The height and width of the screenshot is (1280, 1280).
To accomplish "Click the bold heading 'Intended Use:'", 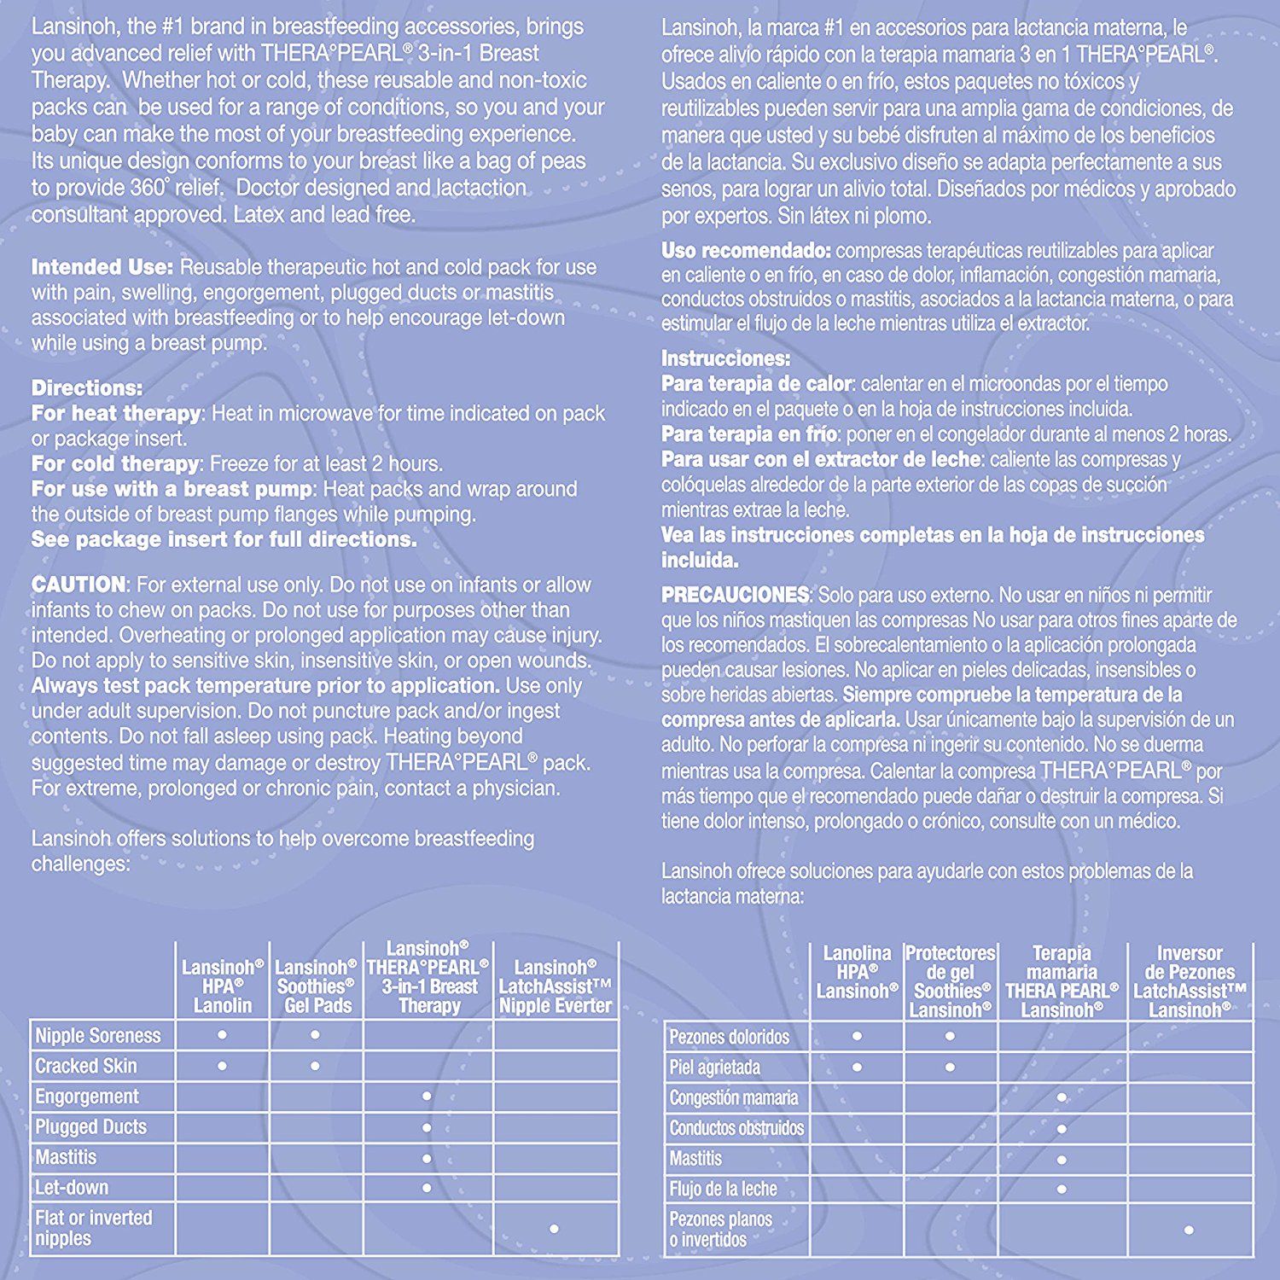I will pyautogui.click(x=102, y=267).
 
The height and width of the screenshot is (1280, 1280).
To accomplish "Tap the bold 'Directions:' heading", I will pyautogui.click(x=87, y=387).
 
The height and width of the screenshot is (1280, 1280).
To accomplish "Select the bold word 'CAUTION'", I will pyautogui.click(x=79, y=585).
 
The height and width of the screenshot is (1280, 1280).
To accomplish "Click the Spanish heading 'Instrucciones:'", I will pyautogui.click(x=725, y=358).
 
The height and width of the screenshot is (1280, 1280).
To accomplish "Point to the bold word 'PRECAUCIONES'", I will pyautogui.click(x=735, y=595).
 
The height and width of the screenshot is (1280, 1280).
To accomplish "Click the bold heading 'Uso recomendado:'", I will pyautogui.click(x=746, y=251).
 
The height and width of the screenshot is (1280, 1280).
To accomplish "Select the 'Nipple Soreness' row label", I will pyautogui.click(x=98, y=1036).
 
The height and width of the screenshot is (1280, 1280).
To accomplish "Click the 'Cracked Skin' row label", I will pyautogui.click(x=86, y=1066).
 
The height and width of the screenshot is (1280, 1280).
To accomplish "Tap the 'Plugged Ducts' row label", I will pyautogui.click(x=91, y=1126).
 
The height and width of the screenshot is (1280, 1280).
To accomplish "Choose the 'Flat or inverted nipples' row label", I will pyautogui.click(x=94, y=1228).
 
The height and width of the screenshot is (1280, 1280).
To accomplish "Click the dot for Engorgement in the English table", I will pyautogui.click(x=427, y=1097).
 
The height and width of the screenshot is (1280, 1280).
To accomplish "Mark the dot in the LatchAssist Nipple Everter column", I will pyautogui.click(x=555, y=1229).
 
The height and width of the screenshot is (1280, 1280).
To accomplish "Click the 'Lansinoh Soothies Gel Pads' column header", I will pyautogui.click(x=316, y=986).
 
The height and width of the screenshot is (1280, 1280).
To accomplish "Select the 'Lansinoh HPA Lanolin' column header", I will pyautogui.click(x=223, y=986).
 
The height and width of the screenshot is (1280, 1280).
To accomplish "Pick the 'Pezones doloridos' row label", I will pyautogui.click(x=730, y=1038).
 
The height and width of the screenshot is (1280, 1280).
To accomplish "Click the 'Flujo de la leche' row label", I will pyautogui.click(x=723, y=1189).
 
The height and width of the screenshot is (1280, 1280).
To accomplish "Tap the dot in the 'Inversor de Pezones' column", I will pyautogui.click(x=1189, y=1230).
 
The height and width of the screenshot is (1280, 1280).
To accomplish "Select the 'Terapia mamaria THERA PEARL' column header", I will pyautogui.click(x=1062, y=981).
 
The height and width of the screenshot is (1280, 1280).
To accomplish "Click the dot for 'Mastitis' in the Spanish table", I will pyautogui.click(x=1062, y=1160).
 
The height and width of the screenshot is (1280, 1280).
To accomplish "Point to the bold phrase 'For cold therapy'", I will pyautogui.click(x=115, y=464).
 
